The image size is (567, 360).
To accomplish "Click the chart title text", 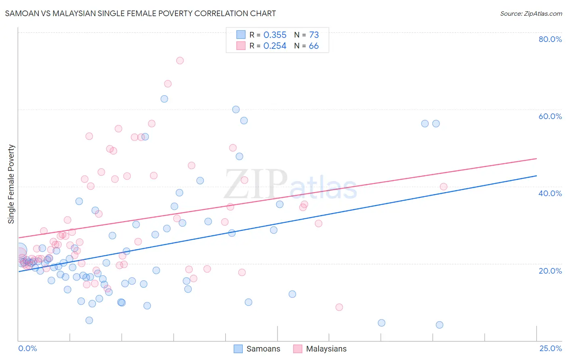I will click(x=140, y=13).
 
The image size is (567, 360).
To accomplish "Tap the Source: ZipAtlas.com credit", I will click(x=531, y=13).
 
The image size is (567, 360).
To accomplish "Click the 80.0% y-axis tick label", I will click(x=550, y=39).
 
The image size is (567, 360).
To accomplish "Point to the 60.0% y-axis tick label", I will click(x=550, y=116).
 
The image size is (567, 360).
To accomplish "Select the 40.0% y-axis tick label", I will click(x=550, y=193).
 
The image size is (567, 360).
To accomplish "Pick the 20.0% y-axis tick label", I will click(x=550, y=271).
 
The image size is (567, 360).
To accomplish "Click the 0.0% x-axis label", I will click(x=27, y=348).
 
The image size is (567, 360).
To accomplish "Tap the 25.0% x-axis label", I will click(x=550, y=348).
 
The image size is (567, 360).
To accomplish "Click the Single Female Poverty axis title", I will click(x=11, y=184).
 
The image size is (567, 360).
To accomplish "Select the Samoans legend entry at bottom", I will click(x=257, y=349).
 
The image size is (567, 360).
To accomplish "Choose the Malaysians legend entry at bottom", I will click(x=320, y=349).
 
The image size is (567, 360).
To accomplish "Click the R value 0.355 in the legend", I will click(x=275, y=35).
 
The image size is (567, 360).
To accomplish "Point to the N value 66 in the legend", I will click(x=314, y=46).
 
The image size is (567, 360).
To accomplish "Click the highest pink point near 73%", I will click(x=180, y=61).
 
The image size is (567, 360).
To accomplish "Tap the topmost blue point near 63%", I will click(x=164, y=99).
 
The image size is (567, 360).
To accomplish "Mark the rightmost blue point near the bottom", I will click(x=440, y=325).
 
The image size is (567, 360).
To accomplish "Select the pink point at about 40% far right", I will click(x=444, y=186).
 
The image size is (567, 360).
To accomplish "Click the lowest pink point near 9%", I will click(x=339, y=307).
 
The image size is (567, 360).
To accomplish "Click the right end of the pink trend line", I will click(x=536, y=159).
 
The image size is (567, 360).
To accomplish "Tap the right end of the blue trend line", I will click(x=536, y=176).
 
